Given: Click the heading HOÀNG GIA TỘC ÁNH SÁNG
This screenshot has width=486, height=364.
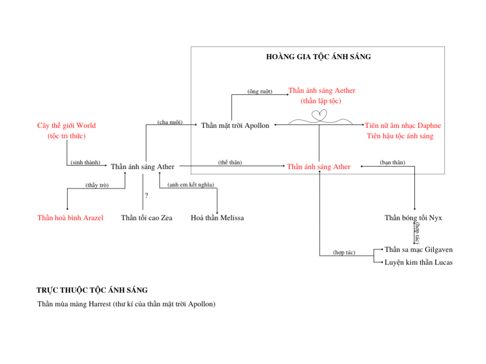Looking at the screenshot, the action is coord(318,57).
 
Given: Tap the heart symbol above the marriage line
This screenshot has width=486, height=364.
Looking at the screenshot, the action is coord(319,116).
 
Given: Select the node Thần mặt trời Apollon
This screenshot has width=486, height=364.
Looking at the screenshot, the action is coord(235,125).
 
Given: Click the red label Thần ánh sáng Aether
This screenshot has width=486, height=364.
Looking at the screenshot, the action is coord(322,91).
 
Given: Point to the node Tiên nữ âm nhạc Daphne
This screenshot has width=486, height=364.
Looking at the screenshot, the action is coord(402,125).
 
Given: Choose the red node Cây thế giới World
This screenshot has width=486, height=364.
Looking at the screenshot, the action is coord(66,125).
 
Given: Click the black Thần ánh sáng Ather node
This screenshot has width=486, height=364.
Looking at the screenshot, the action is coord(142,166).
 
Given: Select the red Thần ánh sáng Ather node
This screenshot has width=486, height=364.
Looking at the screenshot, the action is coord(318,166).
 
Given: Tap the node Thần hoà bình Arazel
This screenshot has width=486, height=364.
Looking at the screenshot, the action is coord(70,218).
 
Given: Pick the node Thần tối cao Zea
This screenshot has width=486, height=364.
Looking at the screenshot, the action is coord(147,218).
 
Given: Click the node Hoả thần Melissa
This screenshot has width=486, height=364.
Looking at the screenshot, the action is coord(217,218).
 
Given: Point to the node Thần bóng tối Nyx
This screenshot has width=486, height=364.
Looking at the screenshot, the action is coord(413,218).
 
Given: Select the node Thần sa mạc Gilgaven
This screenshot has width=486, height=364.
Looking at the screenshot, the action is coord(419,249).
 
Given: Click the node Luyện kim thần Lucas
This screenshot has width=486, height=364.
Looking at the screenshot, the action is coord(419,262).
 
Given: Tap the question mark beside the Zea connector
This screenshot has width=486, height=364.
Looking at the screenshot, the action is coord(146,195).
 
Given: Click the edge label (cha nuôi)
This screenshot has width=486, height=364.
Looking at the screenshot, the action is coord(170,122).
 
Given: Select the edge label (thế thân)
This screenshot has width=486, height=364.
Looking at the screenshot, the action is coord(230,162).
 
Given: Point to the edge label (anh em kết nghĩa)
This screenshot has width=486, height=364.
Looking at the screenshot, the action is coord(191,184).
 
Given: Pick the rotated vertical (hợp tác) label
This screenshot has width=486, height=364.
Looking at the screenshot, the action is coord(418,233).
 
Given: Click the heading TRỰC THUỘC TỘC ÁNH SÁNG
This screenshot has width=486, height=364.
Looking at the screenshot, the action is coord(92,290).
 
